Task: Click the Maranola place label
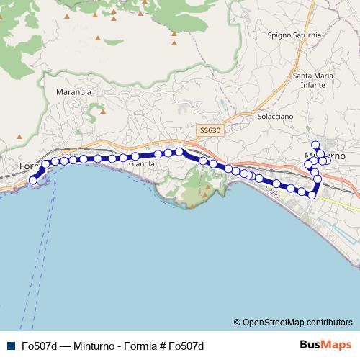pos(73,92)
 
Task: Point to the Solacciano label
pos(276,115)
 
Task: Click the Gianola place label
pos(141,164)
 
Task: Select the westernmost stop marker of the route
pos(32,180)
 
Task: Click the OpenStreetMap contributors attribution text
pos(297,322)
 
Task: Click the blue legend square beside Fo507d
pos(11,346)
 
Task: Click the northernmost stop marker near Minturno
pos(318,145)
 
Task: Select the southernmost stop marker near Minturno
pos(312,195)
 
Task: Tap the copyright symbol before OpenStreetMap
pos(238,322)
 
